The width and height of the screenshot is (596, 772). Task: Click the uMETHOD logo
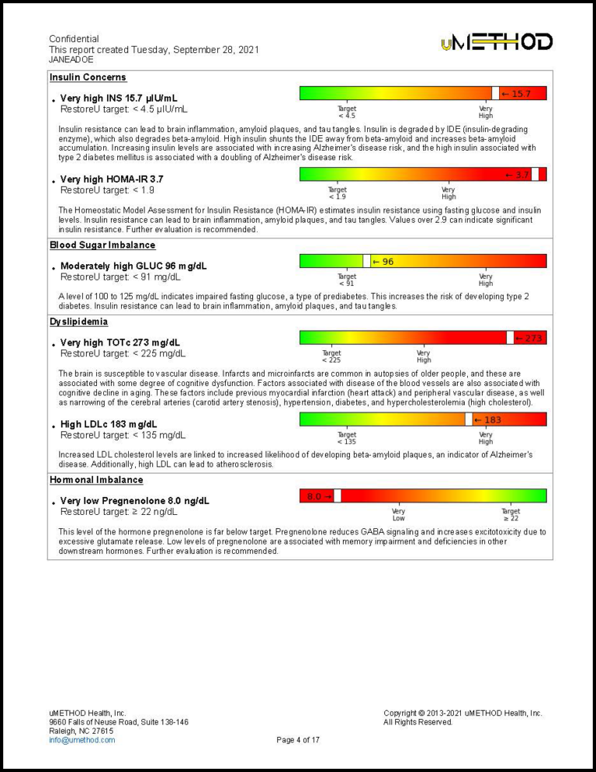[497, 42]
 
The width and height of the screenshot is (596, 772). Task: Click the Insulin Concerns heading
[88, 78]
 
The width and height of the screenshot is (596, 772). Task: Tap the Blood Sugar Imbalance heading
[102, 245]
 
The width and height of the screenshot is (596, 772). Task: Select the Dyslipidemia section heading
[78, 322]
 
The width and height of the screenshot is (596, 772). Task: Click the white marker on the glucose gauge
[366, 262]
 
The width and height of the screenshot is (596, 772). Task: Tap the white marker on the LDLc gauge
[469, 419]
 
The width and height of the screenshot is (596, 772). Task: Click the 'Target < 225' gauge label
[331, 356]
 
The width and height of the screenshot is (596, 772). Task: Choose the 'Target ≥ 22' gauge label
[511, 515]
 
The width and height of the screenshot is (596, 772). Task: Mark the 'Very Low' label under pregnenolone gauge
[398, 515]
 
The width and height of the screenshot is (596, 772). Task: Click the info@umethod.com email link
[81, 740]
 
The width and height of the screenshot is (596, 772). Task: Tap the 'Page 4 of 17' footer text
[298, 740]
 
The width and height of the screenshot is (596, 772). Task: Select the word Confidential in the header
[74, 39]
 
